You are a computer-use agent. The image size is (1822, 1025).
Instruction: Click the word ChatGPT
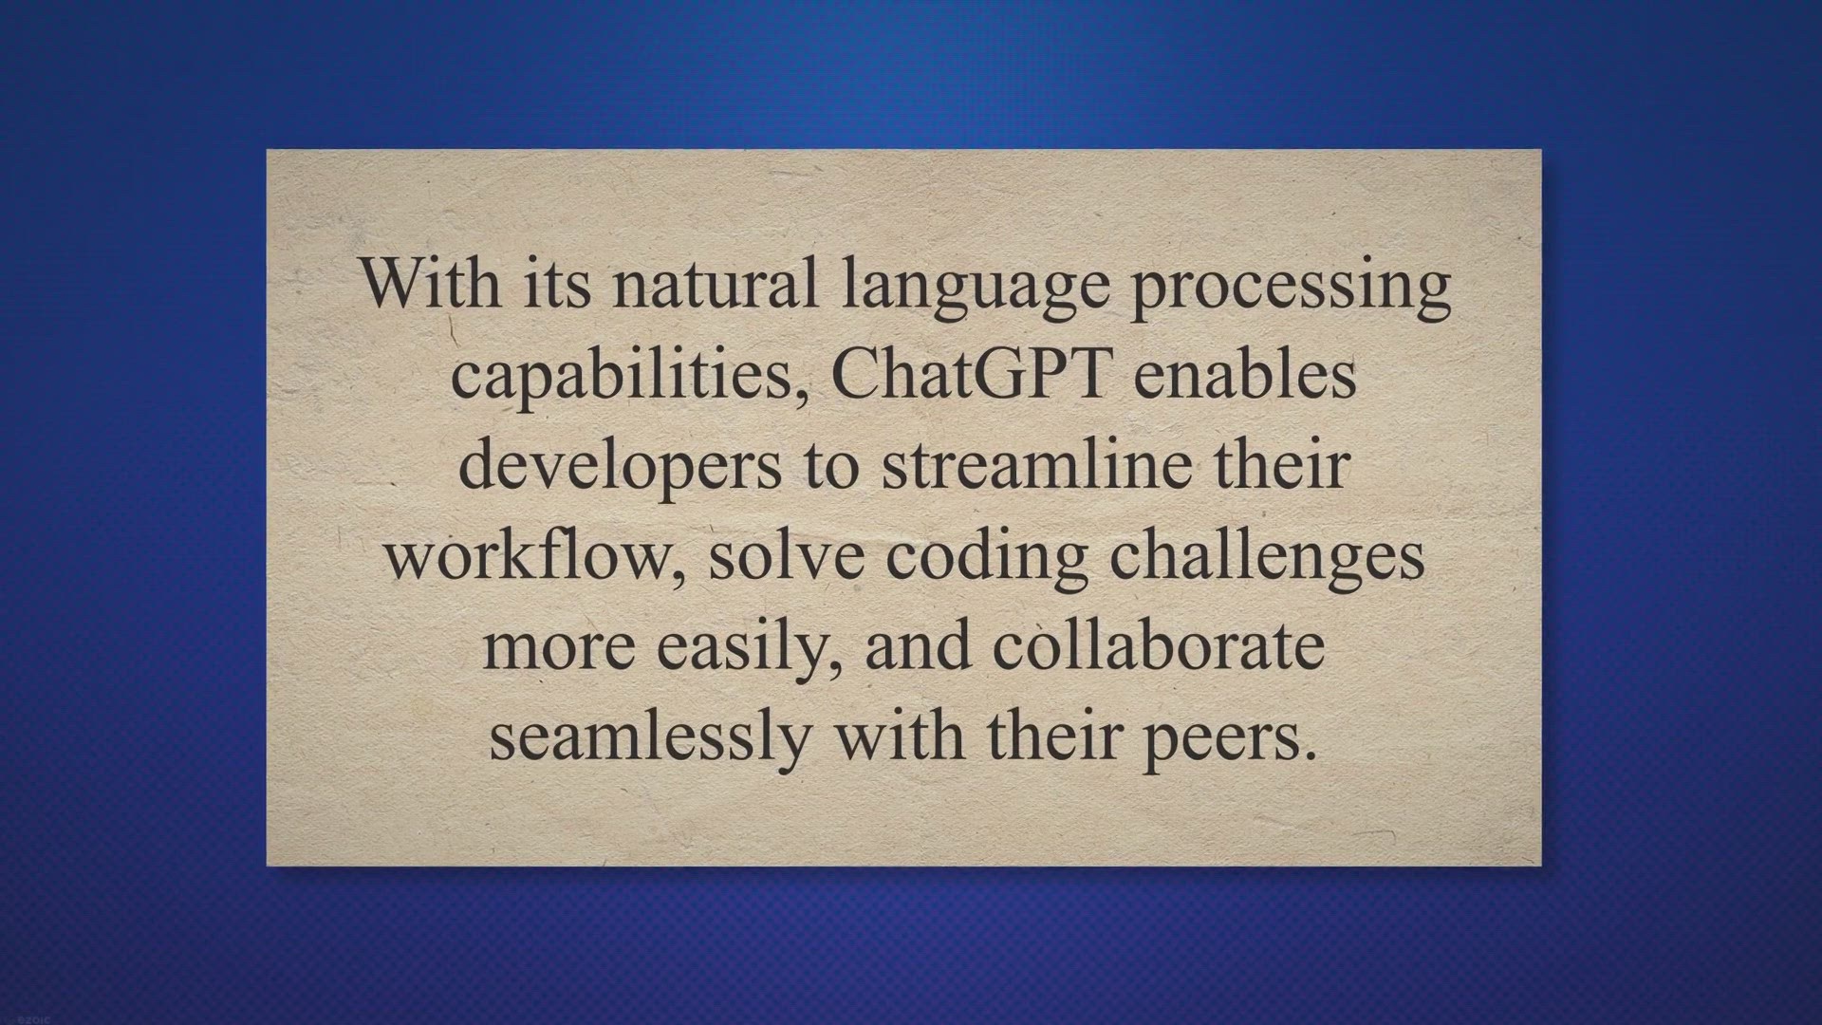coord(971,375)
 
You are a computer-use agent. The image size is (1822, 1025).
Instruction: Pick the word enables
coord(1244,375)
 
